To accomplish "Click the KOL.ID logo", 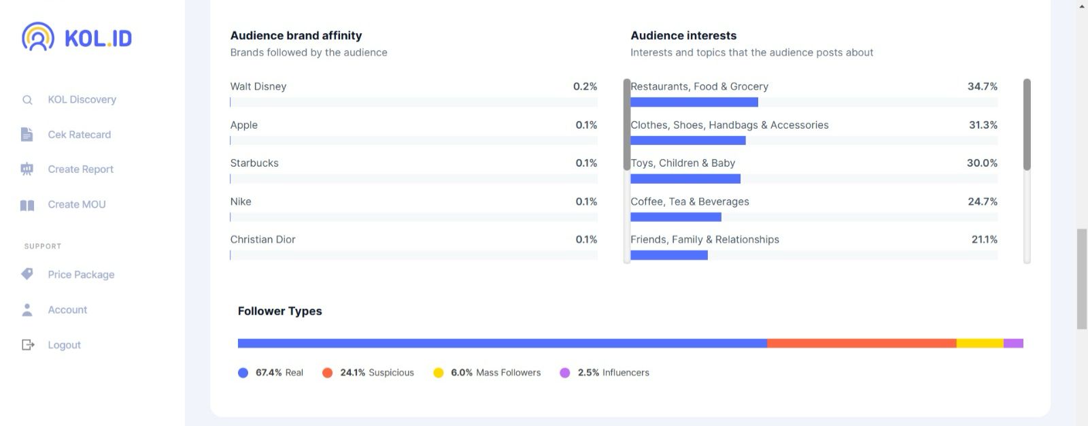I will (77, 37).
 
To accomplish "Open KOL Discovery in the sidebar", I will (82, 99).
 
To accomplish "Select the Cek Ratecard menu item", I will (79, 135).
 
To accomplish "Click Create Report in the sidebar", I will (80, 169).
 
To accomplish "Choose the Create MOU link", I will (76, 204).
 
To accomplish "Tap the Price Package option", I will (81, 274).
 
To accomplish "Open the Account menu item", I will (67, 310).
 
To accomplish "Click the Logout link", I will (64, 345).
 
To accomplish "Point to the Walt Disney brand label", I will (258, 86).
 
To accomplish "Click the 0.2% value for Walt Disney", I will (585, 86).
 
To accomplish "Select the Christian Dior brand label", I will (262, 240).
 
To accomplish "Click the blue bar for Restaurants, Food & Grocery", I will (694, 102).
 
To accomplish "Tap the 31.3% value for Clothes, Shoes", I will (983, 125).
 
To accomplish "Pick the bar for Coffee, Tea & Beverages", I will (675, 217).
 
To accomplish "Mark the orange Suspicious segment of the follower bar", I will (861, 344).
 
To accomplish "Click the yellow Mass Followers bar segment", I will (979, 344).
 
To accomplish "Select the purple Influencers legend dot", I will (564, 373).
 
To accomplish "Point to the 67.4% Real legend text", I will (279, 373).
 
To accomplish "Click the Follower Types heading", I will (279, 311).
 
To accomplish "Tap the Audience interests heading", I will (683, 35).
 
